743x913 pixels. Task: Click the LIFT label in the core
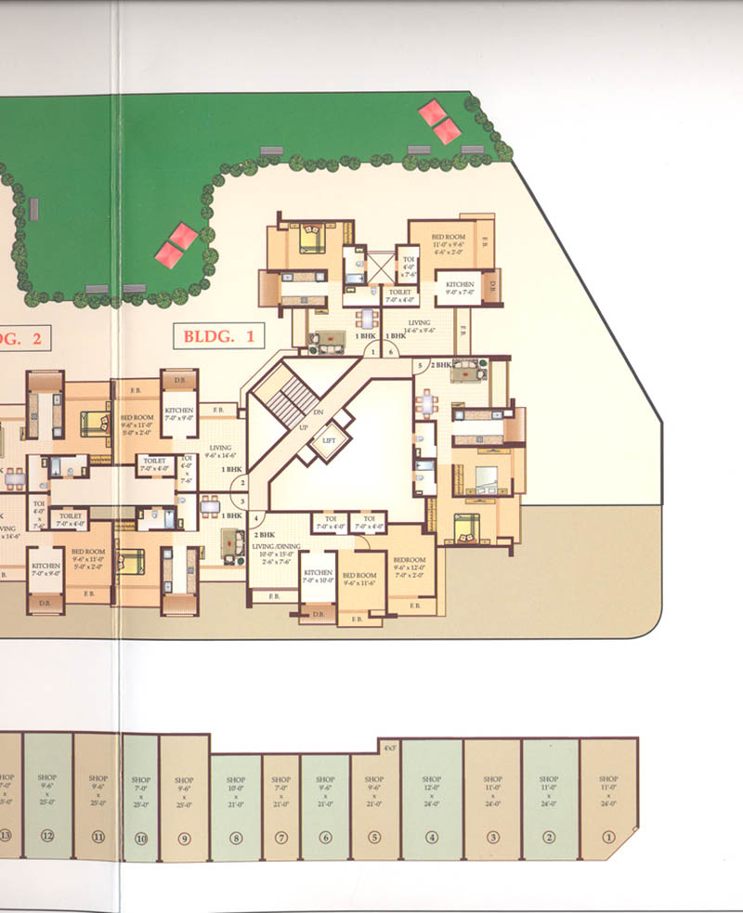click(x=328, y=441)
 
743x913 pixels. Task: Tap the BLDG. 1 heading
click(x=219, y=335)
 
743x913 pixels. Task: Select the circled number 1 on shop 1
click(x=609, y=836)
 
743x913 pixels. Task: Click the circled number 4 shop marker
click(x=431, y=836)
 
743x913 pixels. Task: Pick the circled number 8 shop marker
click(x=236, y=837)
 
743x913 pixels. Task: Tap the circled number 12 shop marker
click(x=47, y=836)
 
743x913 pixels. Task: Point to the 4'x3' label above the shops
click(x=389, y=746)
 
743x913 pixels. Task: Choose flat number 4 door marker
click(x=256, y=518)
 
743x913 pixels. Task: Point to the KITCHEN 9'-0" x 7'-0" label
click(x=460, y=289)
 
